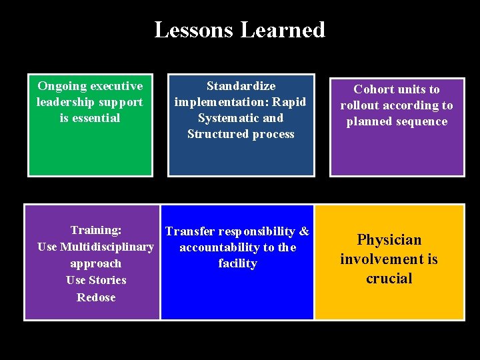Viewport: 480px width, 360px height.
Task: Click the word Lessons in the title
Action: click(x=194, y=30)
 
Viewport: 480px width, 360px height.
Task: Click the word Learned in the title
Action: click(x=283, y=30)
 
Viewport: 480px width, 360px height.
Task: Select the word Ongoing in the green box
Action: click(x=60, y=86)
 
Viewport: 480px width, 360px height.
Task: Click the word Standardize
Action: click(x=241, y=86)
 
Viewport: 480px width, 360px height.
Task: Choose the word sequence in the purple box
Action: click(x=422, y=121)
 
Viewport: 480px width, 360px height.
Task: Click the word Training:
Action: click(x=96, y=230)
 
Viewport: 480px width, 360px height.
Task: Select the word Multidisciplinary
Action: click(x=107, y=247)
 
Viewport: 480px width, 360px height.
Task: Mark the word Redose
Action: click(x=96, y=297)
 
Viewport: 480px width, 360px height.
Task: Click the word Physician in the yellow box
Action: click(x=389, y=240)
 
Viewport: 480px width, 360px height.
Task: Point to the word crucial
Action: click(x=389, y=278)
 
